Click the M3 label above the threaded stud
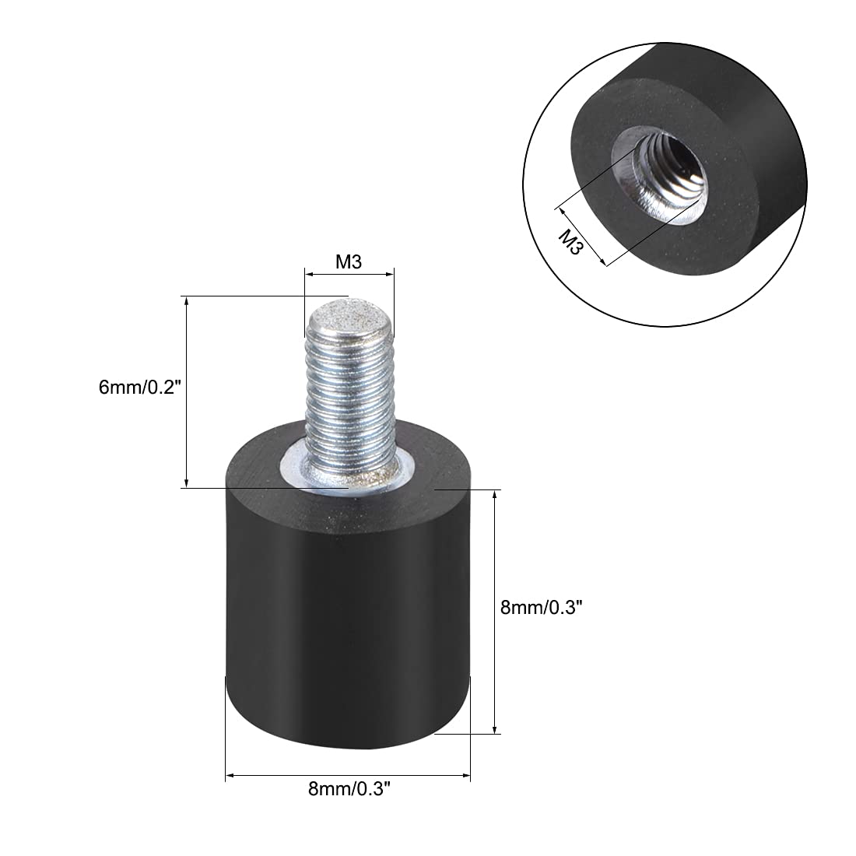[349, 262]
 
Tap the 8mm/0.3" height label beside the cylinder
[542, 609]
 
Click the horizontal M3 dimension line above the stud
[349, 275]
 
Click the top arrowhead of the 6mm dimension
[187, 301]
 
